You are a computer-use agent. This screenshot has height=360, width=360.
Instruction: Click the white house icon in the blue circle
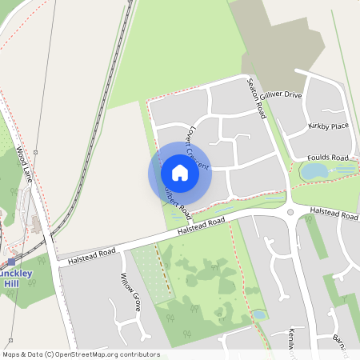[x=180, y=173]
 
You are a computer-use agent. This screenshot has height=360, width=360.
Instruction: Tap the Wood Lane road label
[x=23, y=164]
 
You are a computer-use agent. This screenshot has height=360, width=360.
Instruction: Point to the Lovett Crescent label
[x=197, y=147]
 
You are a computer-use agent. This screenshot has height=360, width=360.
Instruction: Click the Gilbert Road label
[x=178, y=200]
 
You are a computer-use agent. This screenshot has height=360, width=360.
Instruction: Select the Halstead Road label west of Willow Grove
[x=92, y=255]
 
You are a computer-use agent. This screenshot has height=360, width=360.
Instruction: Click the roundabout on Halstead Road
[x=290, y=212]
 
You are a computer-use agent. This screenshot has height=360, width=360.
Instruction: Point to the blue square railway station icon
[x=11, y=261]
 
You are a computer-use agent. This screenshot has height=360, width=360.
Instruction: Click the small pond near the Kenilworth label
[x=259, y=314]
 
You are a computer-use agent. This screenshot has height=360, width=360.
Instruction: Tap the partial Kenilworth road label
[x=293, y=341]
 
